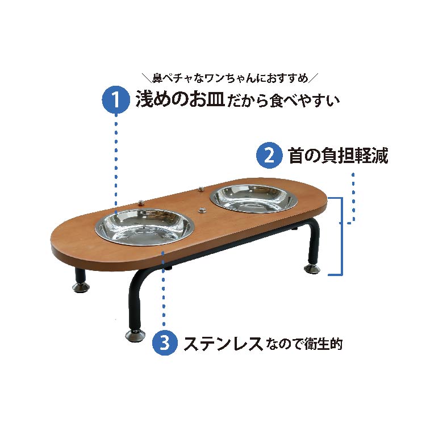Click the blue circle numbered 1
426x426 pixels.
[x=115, y=100]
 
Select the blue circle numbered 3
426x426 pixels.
[x=164, y=344]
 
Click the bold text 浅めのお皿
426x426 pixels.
[x=179, y=100]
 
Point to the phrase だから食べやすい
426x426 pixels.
[x=282, y=101]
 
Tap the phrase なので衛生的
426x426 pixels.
[x=304, y=344]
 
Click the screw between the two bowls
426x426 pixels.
[x=202, y=210]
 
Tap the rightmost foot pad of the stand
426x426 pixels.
[x=312, y=268]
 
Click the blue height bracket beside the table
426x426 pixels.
[x=340, y=236]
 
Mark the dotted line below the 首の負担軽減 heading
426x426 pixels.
[x=353, y=196]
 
